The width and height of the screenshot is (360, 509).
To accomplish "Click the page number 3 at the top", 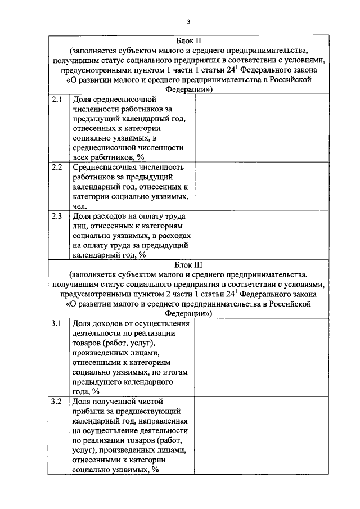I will pos(188,21).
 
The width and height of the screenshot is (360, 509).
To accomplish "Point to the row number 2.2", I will pos(57,167).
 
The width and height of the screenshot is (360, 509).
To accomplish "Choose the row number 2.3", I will pos(57,217).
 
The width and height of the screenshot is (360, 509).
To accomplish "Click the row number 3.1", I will pos(57,324).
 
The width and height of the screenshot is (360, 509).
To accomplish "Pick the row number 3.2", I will pos(57,401).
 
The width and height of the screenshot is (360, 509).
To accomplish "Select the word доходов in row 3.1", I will pos(107,324).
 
